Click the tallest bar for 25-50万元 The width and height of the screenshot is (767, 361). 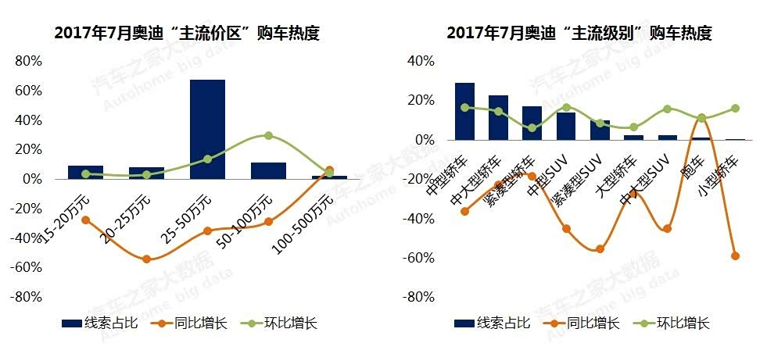(x=207, y=129)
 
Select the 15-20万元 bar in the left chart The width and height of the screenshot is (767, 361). (x=85, y=172)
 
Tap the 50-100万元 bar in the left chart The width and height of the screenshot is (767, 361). (x=268, y=170)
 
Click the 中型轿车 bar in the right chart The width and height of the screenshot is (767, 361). (x=464, y=111)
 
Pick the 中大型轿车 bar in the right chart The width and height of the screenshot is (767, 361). (x=498, y=117)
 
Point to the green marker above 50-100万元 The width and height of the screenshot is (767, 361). (x=268, y=135)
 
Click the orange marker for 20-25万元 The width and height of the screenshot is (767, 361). (x=146, y=259)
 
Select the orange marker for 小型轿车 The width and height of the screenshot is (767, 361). (x=735, y=256)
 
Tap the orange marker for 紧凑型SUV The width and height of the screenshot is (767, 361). (x=600, y=249)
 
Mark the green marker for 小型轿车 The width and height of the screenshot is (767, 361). (x=735, y=109)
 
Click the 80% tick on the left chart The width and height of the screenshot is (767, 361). (x=28, y=61)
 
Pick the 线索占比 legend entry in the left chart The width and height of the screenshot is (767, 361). (x=100, y=323)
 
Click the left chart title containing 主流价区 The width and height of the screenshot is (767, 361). (x=187, y=34)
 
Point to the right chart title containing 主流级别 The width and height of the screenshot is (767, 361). (x=579, y=34)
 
